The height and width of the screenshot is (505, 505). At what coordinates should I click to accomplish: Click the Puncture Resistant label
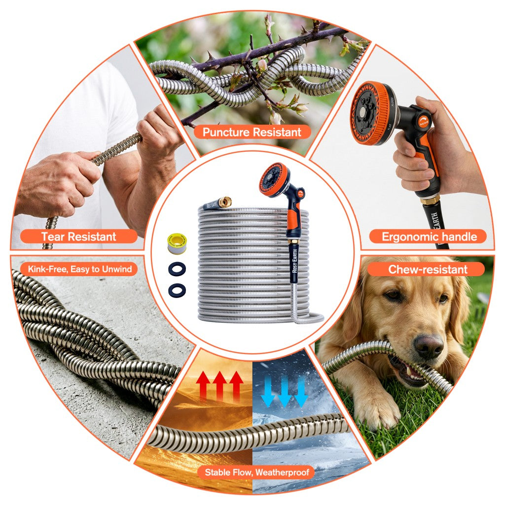[x=252, y=132]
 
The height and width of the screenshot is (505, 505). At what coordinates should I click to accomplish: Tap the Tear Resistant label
[x=79, y=237]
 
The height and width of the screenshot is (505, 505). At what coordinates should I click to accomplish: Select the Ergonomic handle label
[x=429, y=237]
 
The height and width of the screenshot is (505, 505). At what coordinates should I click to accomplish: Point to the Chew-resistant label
[x=428, y=269]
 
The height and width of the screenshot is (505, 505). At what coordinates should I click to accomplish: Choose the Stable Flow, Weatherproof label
[x=259, y=472]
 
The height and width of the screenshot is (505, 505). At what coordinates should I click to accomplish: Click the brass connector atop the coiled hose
[x=226, y=201]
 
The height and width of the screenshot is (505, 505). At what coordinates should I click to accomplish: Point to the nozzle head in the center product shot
[x=274, y=180]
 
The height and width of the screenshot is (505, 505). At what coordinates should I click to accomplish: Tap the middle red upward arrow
[x=219, y=384]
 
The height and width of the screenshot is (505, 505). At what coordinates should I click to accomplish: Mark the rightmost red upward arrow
[x=236, y=384]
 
